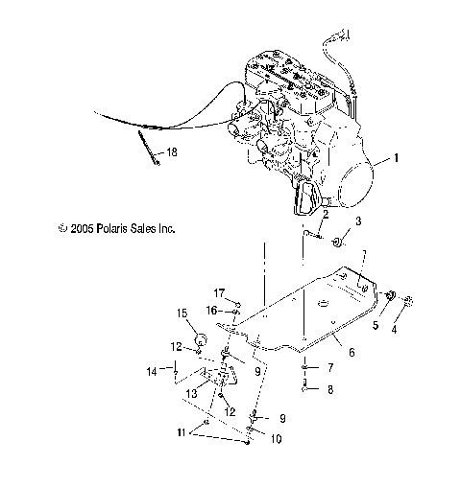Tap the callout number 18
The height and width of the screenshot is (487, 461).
(x=171, y=152)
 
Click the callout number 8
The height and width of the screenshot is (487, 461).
(x=330, y=389)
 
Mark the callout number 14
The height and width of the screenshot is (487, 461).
(x=150, y=370)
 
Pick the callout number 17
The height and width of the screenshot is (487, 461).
(x=218, y=291)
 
